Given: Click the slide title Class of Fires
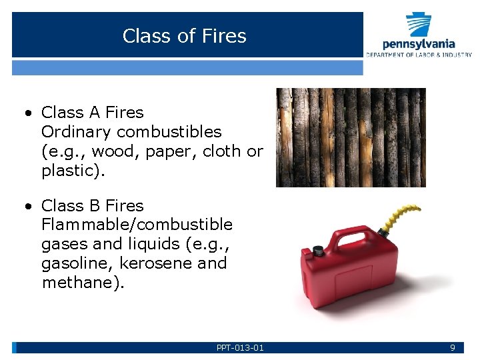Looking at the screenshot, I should [x=185, y=35].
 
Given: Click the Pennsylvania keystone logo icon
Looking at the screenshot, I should [x=419, y=25].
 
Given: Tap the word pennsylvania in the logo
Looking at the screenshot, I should [x=419, y=44].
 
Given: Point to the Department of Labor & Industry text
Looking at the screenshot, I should [x=419, y=55].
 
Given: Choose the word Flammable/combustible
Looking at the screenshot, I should [x=137, y=225].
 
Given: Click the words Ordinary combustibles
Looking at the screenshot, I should [x=131, y=132].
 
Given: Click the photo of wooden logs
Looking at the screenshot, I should [x=351, y=137].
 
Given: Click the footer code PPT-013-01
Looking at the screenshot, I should [x=240, y=347].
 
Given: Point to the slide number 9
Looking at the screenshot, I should [x=453, y=347].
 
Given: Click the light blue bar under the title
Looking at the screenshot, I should [x=187, y=67].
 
